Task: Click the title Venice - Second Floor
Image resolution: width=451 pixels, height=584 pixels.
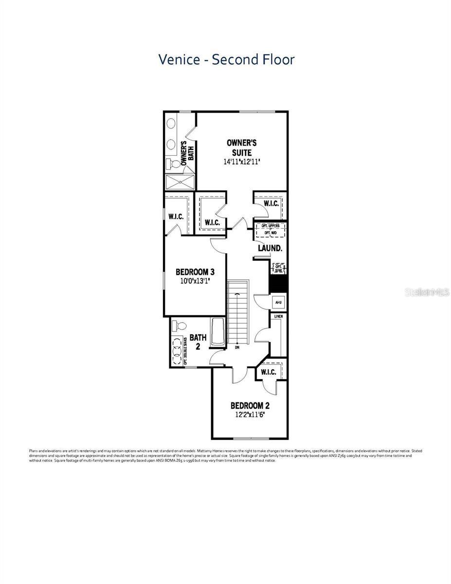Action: pyautogui.click(x=226, y=59)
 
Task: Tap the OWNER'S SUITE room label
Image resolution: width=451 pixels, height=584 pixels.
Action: pyautogui.click(x=242, y=147)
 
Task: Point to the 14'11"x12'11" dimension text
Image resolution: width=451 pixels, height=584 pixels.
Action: pyautogui.click(x=242, y=162)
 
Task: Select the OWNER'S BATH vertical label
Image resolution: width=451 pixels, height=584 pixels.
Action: pyautogui.click(x=188, y=154)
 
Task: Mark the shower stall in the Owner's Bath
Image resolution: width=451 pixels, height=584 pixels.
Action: pyautogui.click(x=180, y=182)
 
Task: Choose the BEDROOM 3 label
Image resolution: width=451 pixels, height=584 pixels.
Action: pyautogui.click(x=195, y=272)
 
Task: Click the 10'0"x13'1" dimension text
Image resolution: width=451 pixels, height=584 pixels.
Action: pyautogui.click(x=195, y=281)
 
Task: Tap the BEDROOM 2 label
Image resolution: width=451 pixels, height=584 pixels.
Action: pyautogui.click(x=250, y=405)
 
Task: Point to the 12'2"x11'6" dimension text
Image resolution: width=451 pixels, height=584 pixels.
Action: pyautogui.click(x=250, y=415)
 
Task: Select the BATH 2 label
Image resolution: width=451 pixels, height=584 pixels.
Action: pyautogui.click(x=198, y=341)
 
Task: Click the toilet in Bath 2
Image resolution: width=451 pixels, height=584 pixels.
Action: pyautogui.click(x=181, y=325)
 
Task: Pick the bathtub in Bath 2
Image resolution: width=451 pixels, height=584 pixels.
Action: pyautogui.click(x=217, y=333)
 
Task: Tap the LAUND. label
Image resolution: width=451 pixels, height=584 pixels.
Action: pyautogui.click(x=270, y=248)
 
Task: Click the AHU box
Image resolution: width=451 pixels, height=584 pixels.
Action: pyautogui.click(x=279, y=302)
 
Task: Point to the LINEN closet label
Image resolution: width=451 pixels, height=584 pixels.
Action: pyautogui.click(x=279, y=317)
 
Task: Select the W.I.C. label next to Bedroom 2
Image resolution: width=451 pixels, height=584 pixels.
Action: pyautogui.click(x=269, y=372)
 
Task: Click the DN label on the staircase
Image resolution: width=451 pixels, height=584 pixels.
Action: pyautogui.click(x=237, y=347)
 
